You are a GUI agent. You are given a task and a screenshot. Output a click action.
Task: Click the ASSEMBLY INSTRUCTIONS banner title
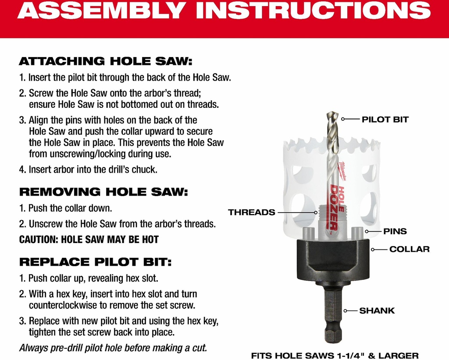[x=224, y=10]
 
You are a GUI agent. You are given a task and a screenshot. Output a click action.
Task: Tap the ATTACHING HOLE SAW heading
[x=106, y=61]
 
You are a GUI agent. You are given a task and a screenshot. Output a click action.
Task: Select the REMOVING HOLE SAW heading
[x=103, y=192]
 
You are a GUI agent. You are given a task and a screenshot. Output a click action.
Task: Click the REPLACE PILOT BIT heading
[x=95, y=262]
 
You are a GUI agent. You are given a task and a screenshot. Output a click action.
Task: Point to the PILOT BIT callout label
[x=385, y=119]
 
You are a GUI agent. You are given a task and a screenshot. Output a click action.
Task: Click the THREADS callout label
[x=251, y=212]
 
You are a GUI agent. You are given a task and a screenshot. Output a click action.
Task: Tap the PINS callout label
[x=395, y=231]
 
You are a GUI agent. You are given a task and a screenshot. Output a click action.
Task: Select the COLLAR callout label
[x=410, y=249]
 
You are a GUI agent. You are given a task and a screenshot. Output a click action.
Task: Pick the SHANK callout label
[x=377, y=310]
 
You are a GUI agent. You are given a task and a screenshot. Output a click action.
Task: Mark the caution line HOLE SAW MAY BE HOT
[x=89, y=239]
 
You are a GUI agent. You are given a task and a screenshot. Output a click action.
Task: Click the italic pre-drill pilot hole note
[x=113, y=348]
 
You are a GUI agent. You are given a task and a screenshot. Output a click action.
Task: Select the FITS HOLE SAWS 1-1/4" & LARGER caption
[x=335, y=356]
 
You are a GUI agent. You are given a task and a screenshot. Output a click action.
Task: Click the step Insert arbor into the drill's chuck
[x=88, y=170]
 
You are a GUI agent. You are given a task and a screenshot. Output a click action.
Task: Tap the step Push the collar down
[x=66, y=208]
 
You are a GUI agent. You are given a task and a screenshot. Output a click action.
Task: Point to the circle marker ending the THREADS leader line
[x=316, y=213]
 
